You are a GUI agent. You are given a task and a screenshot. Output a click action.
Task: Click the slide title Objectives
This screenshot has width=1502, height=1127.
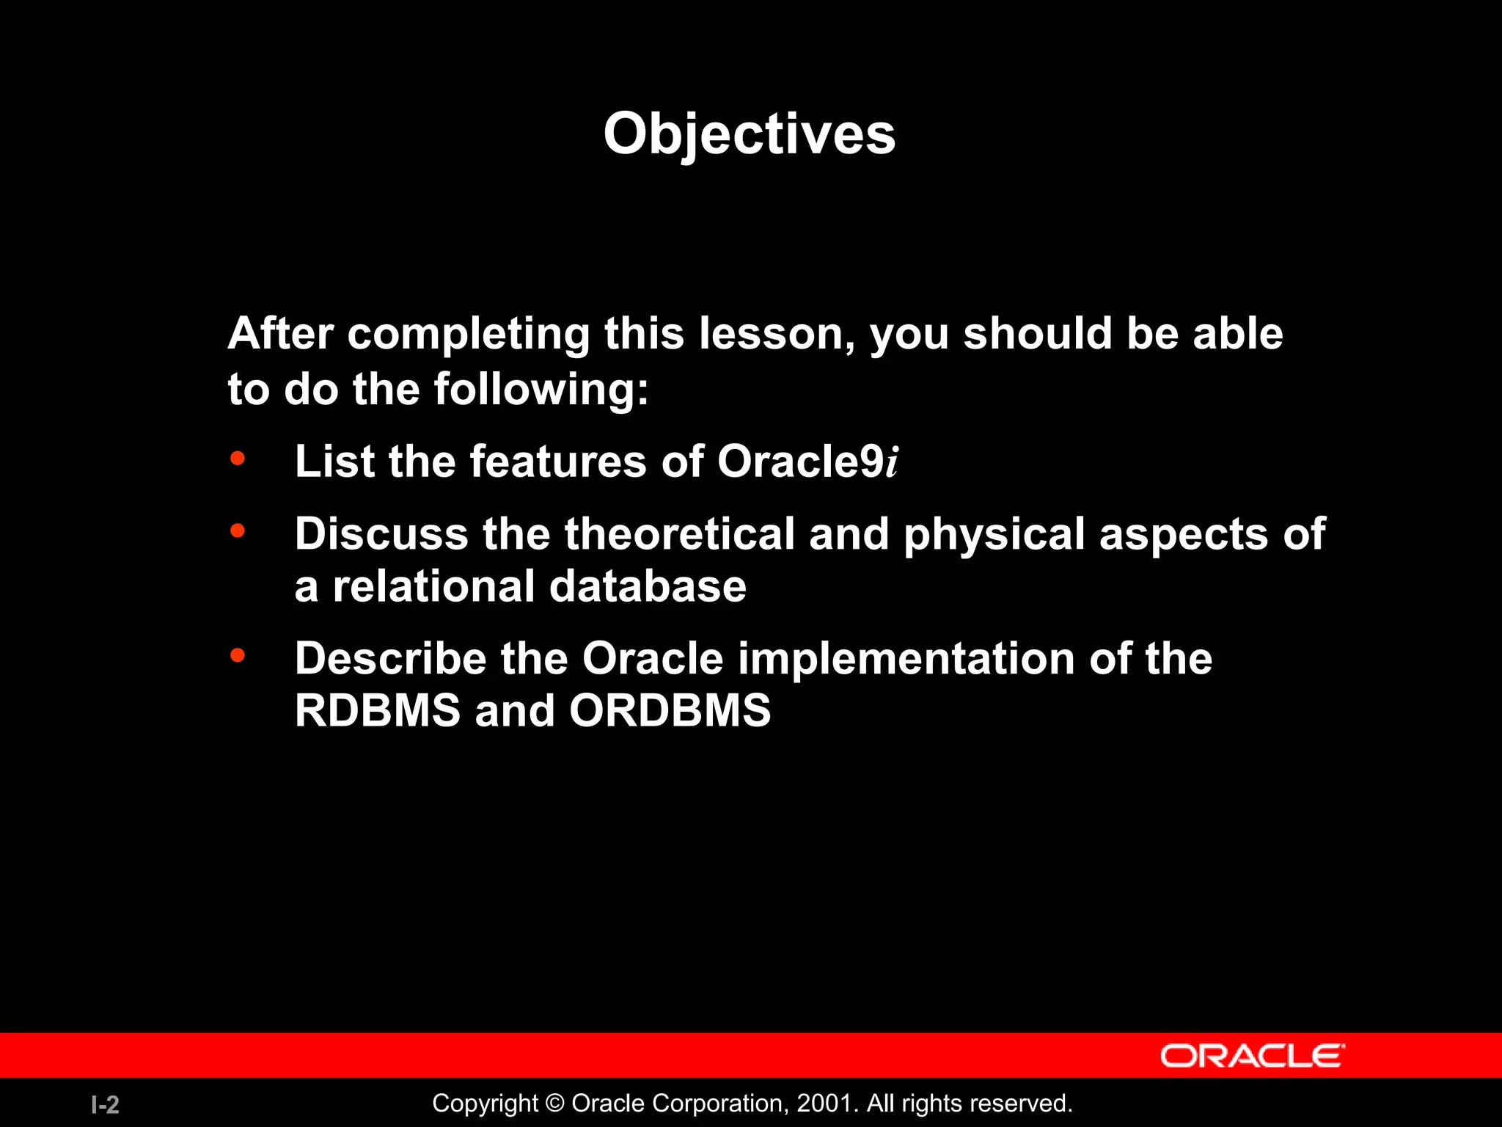[x=749, y=134]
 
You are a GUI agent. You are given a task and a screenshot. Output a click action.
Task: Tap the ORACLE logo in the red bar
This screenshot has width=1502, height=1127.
[x=1252, y=1056]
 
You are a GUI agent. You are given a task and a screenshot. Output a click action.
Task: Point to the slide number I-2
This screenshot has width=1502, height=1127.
[x=105, y=1104]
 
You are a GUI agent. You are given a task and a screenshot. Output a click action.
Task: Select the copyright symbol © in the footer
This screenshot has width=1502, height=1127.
[x=555, y=1104]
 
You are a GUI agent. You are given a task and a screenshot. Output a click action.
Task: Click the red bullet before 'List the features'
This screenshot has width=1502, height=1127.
[x=237, y=459]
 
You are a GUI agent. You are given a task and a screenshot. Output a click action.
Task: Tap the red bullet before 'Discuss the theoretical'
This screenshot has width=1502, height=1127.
[x=237, y=530]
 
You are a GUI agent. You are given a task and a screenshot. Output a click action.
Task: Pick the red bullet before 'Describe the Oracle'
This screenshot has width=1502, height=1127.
[x=237, y=654]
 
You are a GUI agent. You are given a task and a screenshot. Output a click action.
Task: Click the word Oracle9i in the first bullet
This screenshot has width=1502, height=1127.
[x=807, y=462]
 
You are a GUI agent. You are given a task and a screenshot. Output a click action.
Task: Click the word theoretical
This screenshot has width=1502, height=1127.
[x=679, y=533]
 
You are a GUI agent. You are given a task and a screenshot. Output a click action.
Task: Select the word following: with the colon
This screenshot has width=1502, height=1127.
[x=541, y=389]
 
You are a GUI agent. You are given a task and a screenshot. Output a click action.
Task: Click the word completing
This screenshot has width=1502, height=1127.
[x=468, y=334]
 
